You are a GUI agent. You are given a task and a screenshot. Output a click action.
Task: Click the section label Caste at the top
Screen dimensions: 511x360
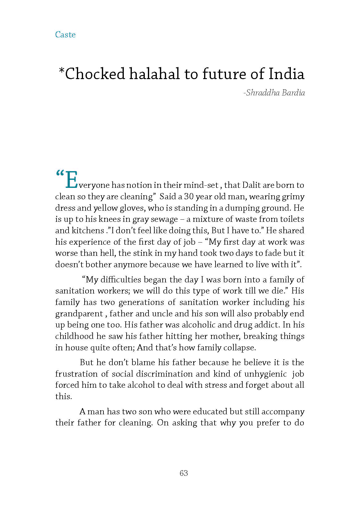(65, 35)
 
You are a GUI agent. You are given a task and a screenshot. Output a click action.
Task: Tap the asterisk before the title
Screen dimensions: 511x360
(61, 71)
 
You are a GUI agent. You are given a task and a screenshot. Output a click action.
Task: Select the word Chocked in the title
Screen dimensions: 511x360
(95, 74)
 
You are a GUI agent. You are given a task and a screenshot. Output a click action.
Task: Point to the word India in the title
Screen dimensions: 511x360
(286, 74)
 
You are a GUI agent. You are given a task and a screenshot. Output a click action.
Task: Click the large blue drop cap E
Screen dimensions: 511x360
(71, 180)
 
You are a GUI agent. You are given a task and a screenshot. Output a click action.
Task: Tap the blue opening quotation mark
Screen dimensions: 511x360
(60, 173)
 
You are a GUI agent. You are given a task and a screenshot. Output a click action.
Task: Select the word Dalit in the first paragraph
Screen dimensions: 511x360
(252, 185)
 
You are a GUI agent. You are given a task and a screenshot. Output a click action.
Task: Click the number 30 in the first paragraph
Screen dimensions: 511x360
(189, 196)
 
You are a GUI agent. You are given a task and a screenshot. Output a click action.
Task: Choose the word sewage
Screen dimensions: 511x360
(164, 219)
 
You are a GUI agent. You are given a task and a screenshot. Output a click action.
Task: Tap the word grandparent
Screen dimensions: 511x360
(79, 314)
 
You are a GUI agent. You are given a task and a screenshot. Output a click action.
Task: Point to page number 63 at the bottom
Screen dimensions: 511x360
(184, 473)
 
